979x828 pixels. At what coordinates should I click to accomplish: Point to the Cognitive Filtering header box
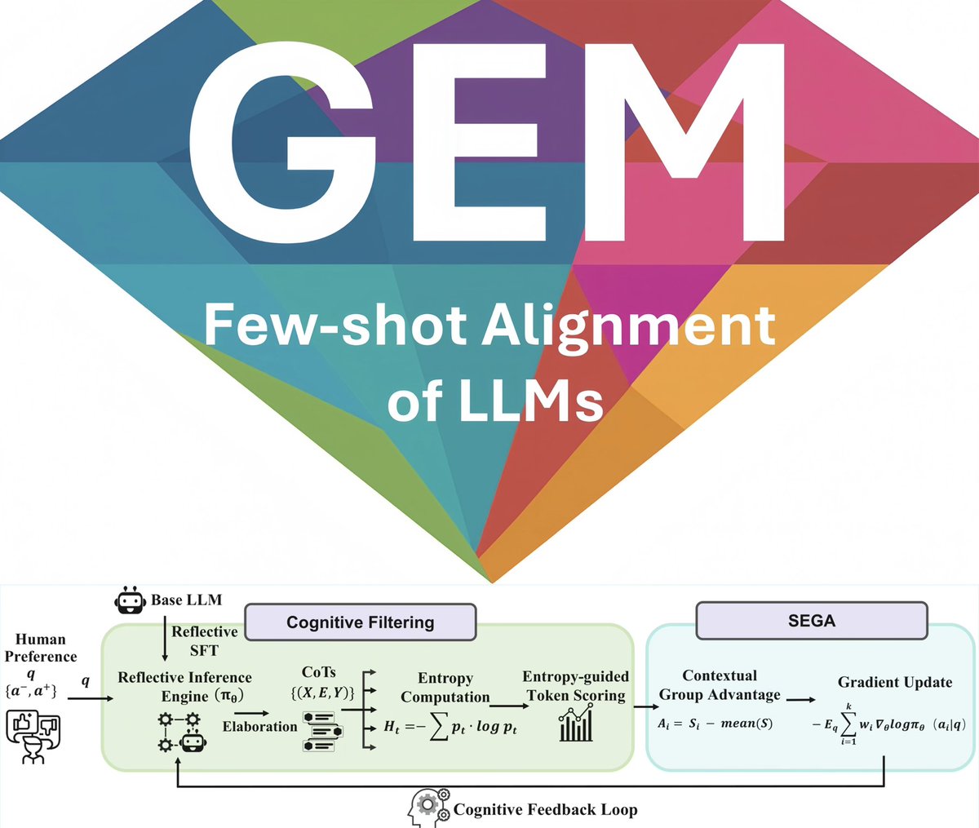click(360, 622)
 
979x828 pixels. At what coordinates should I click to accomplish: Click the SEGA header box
click(811, 621)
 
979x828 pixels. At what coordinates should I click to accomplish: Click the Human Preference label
click(41, 648)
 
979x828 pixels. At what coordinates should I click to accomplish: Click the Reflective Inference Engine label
click(185, 686)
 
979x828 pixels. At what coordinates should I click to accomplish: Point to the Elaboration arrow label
click(259, 726)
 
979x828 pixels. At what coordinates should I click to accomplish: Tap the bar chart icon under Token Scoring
click(576, 724)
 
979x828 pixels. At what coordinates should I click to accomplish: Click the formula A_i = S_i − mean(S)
click(715, 724)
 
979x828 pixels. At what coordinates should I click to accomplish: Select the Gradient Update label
click(895, 682)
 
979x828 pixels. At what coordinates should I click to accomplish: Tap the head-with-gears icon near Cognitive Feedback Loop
click(427, 808)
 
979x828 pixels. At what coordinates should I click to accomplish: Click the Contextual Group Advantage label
click(720, 684)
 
